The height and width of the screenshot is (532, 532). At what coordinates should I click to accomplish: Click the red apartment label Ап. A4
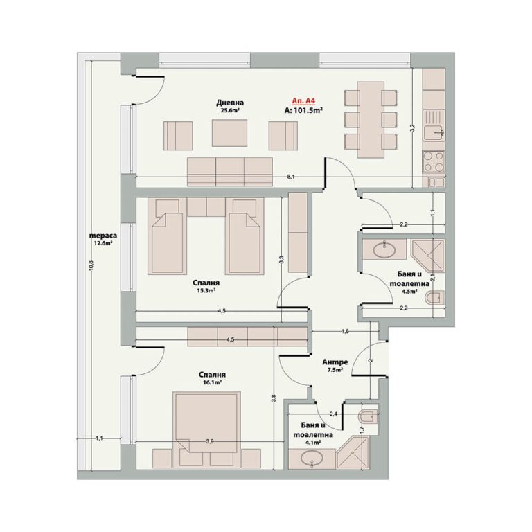tap(303, 100)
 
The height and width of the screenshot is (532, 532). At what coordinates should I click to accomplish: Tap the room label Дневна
tap(230, 103)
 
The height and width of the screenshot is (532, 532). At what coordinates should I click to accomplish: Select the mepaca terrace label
tap(103, 236)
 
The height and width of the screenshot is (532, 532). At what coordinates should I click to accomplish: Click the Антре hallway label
tap(335, 362)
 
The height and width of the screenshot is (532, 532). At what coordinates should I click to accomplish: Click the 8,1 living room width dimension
tap(291, 177)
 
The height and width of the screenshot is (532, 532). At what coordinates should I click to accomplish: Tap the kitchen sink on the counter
tap(433, 132)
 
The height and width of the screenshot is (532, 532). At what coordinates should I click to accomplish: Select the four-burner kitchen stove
tap(434, 163)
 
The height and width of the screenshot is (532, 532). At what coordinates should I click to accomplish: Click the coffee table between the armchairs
tap(230, 133)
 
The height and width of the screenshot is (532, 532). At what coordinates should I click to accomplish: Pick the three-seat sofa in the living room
tap(230, 172)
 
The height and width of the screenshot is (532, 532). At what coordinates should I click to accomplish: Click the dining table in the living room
tap(371, 120)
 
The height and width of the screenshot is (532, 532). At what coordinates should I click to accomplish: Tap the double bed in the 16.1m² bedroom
tap(206, 430)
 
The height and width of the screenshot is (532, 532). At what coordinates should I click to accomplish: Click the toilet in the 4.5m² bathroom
tap(434, 298)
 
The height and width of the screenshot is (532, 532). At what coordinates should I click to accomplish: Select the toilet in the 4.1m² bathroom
tap(369, 416)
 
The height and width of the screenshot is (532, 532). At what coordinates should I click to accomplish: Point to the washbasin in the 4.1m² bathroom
tap(312, 459)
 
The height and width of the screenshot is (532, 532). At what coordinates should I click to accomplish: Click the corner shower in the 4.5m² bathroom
tap(427, 256)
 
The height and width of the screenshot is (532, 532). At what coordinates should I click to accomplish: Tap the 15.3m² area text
tap(206, 291)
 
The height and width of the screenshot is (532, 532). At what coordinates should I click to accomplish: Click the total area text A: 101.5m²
tap(303, 110)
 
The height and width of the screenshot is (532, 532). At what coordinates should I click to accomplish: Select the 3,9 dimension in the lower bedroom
tap(210, 441)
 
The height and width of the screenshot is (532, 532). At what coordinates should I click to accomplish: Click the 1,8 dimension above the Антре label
tap(345, 332)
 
